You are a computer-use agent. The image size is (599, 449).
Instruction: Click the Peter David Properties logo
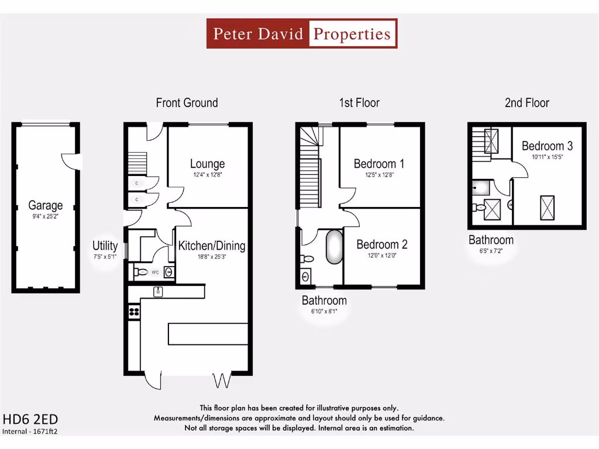coord(302,33)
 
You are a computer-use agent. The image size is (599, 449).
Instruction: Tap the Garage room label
coord(46,206)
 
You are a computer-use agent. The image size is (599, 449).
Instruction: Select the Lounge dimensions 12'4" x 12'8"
coord(207,175)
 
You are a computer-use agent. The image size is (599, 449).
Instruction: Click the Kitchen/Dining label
coord(212,246)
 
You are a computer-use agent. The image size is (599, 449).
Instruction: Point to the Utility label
coord(105,246)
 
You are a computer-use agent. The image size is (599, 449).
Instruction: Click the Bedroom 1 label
coord(380,164)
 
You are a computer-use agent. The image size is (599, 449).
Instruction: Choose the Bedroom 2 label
coord(382,244)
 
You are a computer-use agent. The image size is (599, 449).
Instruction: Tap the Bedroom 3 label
coord(547,146)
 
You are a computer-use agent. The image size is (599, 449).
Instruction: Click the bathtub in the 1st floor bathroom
coord(334,247)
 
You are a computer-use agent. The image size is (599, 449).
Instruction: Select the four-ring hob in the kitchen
coord(133,312)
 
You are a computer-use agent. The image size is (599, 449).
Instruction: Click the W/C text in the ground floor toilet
coord(156,272)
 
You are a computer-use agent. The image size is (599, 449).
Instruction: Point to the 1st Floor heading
coord(359,103)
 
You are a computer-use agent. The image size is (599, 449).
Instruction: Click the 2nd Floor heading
coord(527,103)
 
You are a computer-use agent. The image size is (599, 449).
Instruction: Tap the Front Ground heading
coord(187,103)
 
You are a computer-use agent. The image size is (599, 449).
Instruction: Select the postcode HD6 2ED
coord(30,419)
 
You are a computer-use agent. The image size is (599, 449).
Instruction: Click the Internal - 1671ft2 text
coord(33,431)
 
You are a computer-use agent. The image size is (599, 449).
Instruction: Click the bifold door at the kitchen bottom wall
coord(222,381)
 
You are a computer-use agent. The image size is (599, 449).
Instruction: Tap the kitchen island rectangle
coord(208,333)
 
